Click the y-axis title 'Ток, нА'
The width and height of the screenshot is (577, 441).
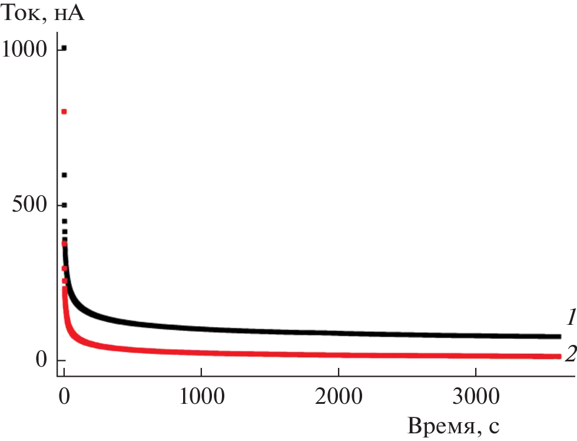[x=43, y=13]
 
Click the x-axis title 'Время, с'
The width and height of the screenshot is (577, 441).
[x=454, y=424]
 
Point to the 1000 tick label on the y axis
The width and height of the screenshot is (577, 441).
[x=24, y=50]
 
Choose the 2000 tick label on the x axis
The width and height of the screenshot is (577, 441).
[x=338, y=393]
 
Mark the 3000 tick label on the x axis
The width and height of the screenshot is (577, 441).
[x=475, y=393]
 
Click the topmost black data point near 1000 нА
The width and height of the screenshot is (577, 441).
[x=64, y=48]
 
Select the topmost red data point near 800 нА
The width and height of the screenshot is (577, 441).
[x=64, y=111]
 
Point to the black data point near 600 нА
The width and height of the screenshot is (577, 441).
[x=64, y=175]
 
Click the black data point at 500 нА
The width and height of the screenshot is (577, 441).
[x=64, y=205]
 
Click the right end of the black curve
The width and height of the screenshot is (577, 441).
[x=558, y=336]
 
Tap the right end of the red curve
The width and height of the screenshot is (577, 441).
[x=558, y=357]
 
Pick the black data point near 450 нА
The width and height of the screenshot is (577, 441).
[x=64, y=221]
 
